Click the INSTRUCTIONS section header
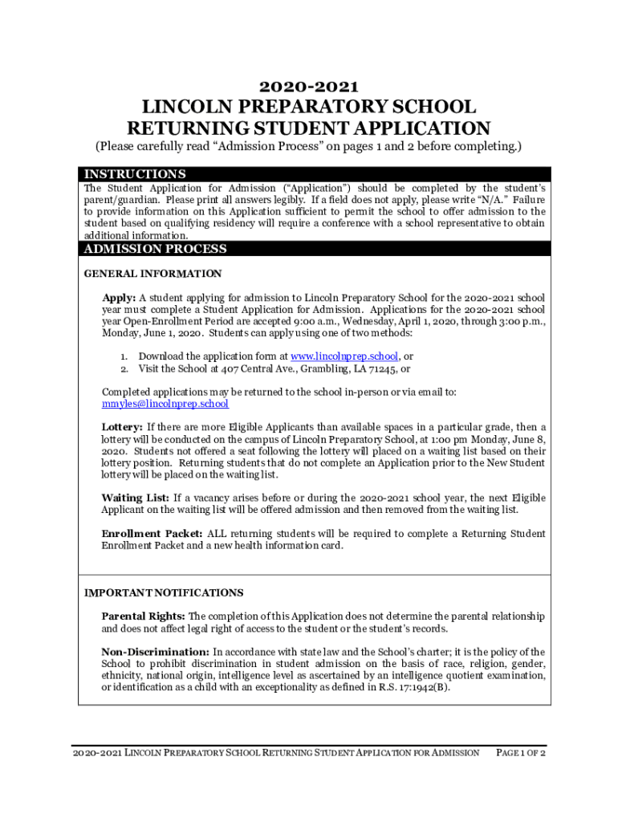pos(135,174)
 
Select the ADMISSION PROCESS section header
pos(156,249)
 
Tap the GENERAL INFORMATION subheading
pos(152,274)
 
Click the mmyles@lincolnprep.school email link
pos(165,404)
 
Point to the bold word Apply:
pos(118,296)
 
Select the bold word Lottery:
pos(122,427)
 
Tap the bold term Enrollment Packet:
pos(152,534)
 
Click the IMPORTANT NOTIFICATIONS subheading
pos(164,593)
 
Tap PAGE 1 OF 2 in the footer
pos(521,753)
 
